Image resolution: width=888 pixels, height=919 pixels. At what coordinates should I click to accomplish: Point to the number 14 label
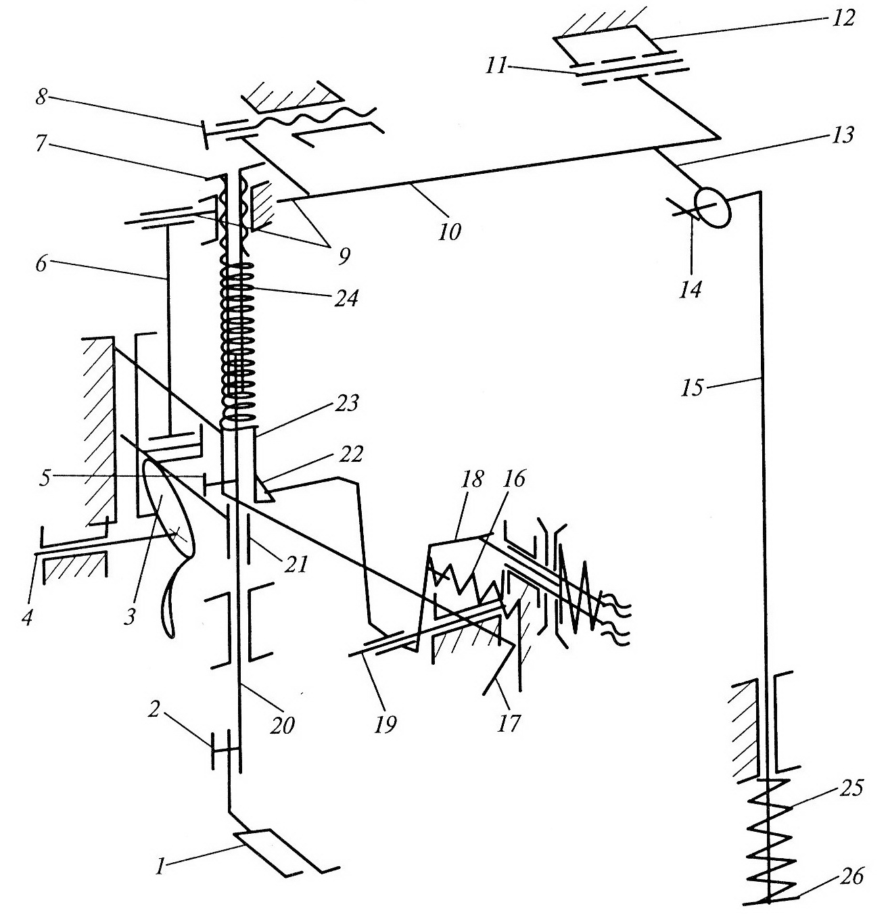point(691,290)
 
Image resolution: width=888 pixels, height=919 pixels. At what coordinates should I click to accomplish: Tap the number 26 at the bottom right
point(853,877)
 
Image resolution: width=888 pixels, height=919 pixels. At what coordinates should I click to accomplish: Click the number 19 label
point(386,724)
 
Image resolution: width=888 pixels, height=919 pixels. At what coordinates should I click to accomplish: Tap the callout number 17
point(511,724)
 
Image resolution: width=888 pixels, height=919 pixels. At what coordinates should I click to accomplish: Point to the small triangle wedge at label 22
point(266,492)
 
